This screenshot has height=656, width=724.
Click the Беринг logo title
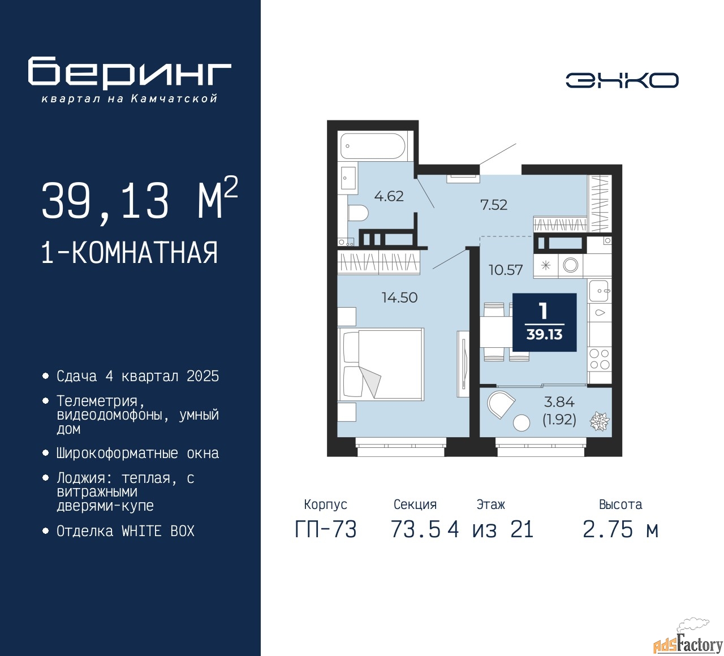[130, 73]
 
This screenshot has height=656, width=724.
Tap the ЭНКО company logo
[622, 80]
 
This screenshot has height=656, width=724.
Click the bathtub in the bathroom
[373, 146]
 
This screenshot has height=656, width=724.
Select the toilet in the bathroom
[357, 213]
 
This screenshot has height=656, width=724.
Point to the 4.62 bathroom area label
[389, 196]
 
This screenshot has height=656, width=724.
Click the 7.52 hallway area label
[494, 205]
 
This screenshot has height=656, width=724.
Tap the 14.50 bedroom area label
[399, 297]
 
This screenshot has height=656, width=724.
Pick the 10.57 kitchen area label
[506, 270]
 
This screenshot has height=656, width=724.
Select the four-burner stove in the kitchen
[600, 359]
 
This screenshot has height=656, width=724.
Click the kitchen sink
[600, 291]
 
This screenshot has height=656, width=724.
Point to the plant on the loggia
[599, 421]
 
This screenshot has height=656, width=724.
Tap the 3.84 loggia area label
[559, 402]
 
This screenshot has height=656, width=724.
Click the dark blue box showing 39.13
[544, 322]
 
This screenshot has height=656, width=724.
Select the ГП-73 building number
[326, 530]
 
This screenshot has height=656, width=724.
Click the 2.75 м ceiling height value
[620, 530]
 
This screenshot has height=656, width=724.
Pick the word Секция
[415, 504]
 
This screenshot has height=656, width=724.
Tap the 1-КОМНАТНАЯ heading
[130, 253]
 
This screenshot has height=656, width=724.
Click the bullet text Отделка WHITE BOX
[126, 531]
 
